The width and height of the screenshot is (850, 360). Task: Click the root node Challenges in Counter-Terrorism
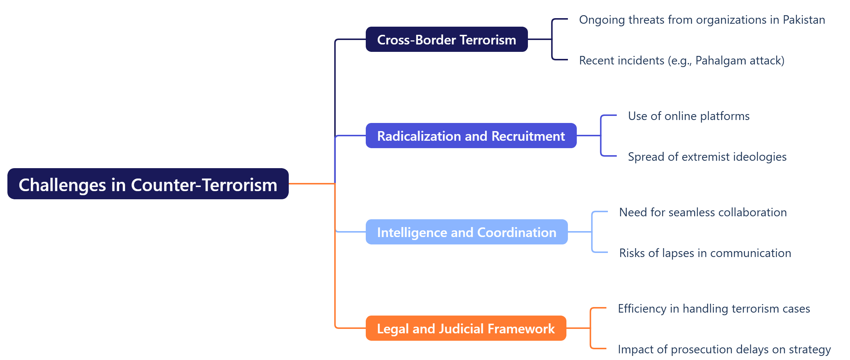pyautogui.click(x=148, y=184)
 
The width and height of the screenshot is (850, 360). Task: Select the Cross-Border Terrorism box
pyautogui.click(x=446, y=39)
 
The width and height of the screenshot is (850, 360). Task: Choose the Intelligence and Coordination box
pyautogui.click(x=466, y=232)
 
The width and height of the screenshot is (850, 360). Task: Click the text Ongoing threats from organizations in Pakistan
pyautogui.click(x=702, y=20)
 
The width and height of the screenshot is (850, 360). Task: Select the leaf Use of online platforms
pyautogui.click(x=689, y=116)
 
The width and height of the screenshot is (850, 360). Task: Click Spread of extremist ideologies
pyautogui.click(x=707, y=157)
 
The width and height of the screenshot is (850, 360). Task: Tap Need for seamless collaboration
pyautogui.click(x=703, y=212)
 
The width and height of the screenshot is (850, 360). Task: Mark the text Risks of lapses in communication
pyautogui.click(x=705, y=253)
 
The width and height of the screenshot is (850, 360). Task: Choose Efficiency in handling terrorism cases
pyautogui.click(x=713, y=309)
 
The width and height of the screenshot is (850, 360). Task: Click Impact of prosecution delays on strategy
pyautogui.click(x=724, y=349)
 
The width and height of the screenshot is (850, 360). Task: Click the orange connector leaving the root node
pyautogui.click(x=311, y=183)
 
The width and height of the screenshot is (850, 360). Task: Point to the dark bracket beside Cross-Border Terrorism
pyautogui.click(x=552, y=39)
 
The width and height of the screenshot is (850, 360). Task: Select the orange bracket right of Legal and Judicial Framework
pyautogui.click(x=590, y=328)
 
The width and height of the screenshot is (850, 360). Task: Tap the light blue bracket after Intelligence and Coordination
pyautogui.click(x=592, y=232)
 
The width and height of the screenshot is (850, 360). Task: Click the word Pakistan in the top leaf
pyautogui.click(x=804, y=20)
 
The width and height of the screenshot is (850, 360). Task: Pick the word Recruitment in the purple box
pyautogui.click(x=528, y=136)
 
